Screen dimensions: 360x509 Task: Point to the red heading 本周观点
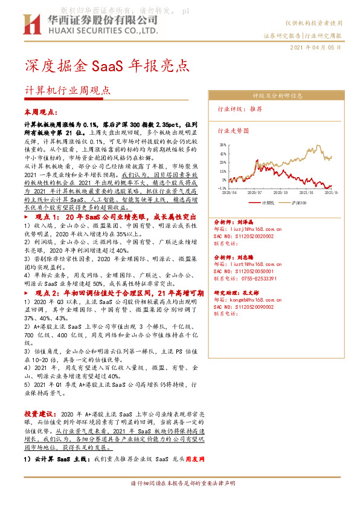pyautogui.click(x=40, y=112)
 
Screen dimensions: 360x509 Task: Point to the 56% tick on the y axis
pyautogui.click(x=223, y=145)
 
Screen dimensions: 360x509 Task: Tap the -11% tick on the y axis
pyautogui.click(x=222, y=188)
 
